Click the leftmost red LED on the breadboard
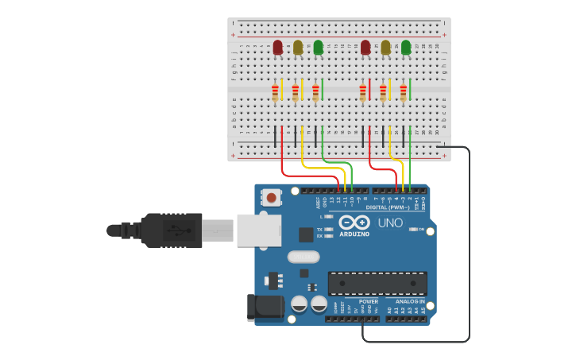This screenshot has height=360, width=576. pyautogui.click(x=277, y=48)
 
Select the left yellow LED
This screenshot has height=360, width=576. pyautogui.click(x=298, y=48)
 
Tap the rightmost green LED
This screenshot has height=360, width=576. pyautogui.click(x=406, y=48)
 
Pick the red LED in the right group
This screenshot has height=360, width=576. pyautogui.click(x=365, y=48)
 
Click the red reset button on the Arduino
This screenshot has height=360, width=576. pyautogui.click(x=272, y=197)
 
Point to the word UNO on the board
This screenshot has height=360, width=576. pyautogui.click(x=391, y=223)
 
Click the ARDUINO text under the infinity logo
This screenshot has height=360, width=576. pyautogui.click(x=354, y=234)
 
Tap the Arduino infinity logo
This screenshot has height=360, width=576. pyautogui.click(x=354, y=223)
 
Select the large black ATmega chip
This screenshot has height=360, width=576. pyautogui.click(x=377, y=283)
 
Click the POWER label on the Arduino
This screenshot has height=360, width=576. pyautogui.click(x=369, y=302)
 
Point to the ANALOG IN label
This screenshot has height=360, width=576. pyautogui.click(x=410, y=302)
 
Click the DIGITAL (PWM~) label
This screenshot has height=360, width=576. pyautogui.click(x=388, y=207)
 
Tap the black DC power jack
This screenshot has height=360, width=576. pyautogui.click(x=265, y=307)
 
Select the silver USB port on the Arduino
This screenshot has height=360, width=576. pyautogui.click(x=258, y=230)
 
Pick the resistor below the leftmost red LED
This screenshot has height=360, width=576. pyautogui.click(x=276, y=93)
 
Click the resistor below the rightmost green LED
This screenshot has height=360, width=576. pyautogui.click(x=404, y=93)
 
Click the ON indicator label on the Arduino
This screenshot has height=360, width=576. pyautogui.click(x=420, y=229)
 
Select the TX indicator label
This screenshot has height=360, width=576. pyautogui.click(x=319, y=229)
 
